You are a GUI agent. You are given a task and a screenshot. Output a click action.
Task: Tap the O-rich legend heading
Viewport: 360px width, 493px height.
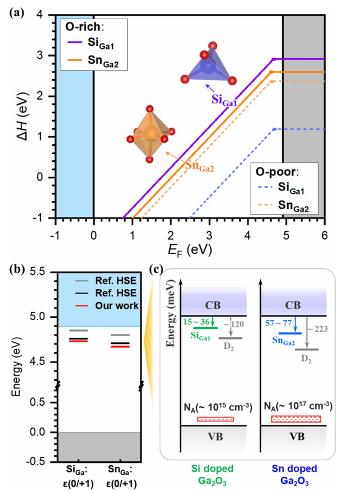click(85, 27)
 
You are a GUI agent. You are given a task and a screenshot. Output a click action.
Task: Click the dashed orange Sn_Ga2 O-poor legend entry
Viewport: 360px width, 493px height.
click(283, 206)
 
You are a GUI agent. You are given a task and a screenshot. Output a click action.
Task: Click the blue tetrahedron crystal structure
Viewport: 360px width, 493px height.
click(208, 64)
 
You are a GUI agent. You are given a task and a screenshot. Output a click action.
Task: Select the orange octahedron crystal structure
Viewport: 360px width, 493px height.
click(151, 134)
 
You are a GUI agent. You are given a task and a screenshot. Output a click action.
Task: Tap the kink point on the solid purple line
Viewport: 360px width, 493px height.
click(273, 59)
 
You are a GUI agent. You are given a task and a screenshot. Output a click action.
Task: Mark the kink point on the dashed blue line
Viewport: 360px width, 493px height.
click(274, 129)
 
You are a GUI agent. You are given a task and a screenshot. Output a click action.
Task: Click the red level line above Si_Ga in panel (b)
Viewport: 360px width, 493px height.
click(79, 341)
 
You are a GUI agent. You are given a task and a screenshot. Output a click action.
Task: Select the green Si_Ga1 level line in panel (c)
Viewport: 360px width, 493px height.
click(206, 328)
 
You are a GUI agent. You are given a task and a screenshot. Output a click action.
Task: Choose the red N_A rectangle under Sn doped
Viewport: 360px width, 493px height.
click(296, 419)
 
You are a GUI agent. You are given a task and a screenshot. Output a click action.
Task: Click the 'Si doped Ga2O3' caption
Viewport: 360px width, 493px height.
click(213, 475)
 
